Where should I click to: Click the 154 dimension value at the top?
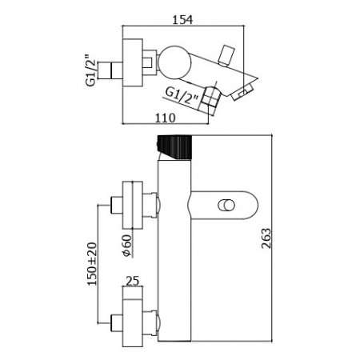pos(182,20)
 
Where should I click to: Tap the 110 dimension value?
pos(166,118)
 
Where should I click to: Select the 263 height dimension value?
pos(266,238)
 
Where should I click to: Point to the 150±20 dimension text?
pos(92,264)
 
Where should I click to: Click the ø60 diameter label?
pos(126,246)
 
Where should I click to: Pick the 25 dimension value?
pos(133,281)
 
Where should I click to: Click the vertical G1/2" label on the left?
pos(90,70)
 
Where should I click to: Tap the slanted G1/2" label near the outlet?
pos(182,97)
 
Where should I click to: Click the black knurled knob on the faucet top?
pos(174,147)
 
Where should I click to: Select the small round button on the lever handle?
pos(226,206)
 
